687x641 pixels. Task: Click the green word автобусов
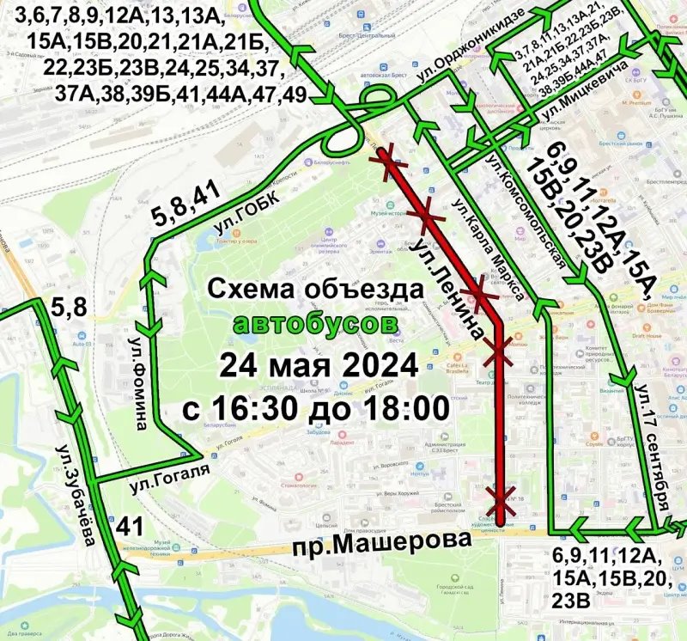pos(316,325)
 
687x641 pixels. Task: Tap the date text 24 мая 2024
pos(318,364)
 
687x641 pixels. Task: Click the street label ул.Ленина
pos(445,277)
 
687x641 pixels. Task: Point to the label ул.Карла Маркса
pos(488,250)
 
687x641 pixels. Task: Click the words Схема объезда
pos(317,290)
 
